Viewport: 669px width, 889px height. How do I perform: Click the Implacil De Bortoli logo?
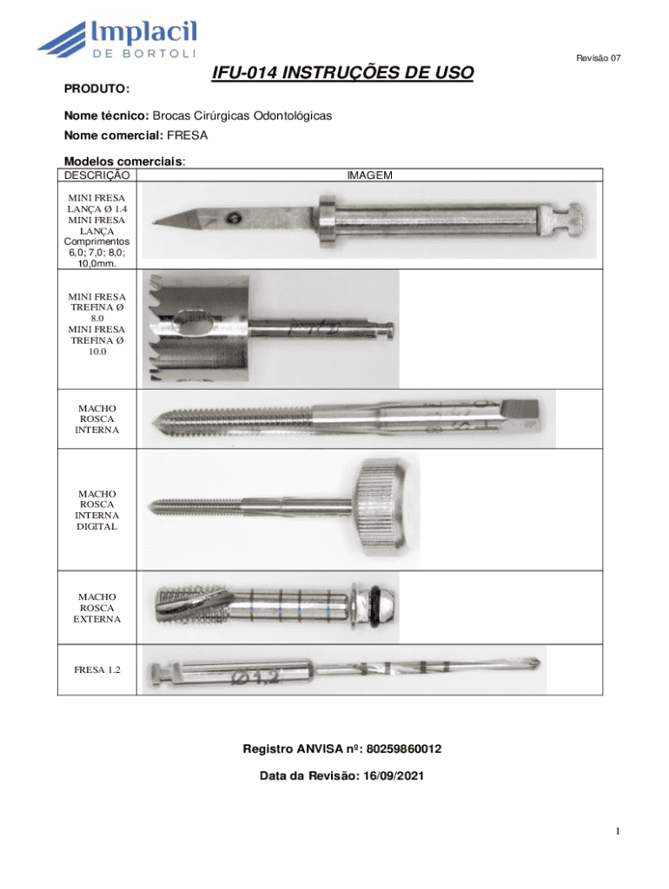(x=118, y=43)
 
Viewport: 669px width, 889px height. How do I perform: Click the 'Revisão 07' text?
(x=599, y=58)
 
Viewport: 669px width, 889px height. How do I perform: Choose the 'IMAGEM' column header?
(x=369, y=175)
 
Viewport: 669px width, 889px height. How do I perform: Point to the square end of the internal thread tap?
(x=529, y=416)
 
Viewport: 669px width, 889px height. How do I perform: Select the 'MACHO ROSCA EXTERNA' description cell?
(x=97, y=609)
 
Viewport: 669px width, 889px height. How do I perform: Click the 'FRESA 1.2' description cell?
(x=97, y=670)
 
